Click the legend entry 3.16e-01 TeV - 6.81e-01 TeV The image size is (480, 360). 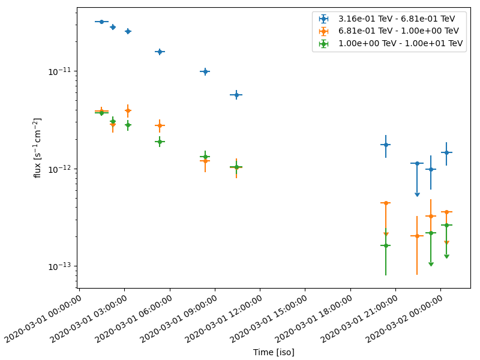tap(396, 19)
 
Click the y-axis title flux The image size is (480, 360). tap(37, 148)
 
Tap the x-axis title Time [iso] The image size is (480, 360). tap(274, 352)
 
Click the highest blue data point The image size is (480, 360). tap(101, 22)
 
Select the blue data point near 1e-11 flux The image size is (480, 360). tap(205, 71)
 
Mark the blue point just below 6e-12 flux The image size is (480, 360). tap(236, 95)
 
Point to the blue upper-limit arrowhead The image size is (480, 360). tap(417, 194)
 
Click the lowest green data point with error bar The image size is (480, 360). tap(385, 245)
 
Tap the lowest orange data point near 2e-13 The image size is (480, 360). tap(416, 236)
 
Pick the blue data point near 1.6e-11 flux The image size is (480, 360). tap(159, 52)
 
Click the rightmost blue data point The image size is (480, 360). tap(446, 152)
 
